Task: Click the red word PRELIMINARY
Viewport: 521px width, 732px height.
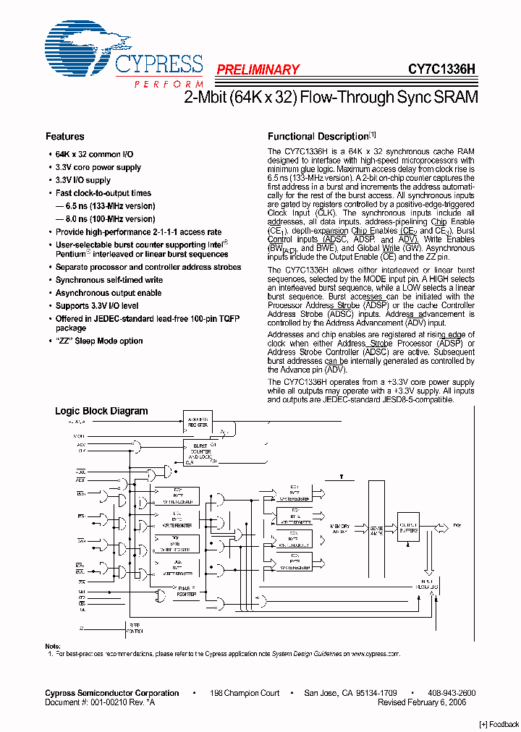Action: point(258,69)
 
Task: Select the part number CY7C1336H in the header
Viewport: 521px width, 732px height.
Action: point(441,69)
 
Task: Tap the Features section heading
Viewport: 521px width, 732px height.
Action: point(65,136)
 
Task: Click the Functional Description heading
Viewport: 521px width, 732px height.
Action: point(318,136)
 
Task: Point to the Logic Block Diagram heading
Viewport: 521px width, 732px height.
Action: point(101,411)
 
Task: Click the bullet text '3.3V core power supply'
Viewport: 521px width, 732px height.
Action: point(98,167)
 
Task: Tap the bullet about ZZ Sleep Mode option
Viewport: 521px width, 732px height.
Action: point(99,341)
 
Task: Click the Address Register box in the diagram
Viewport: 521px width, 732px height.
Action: point(198,422)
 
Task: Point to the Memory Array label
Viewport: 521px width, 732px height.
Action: point(340,528)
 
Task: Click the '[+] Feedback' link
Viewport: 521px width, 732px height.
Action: point(499,724)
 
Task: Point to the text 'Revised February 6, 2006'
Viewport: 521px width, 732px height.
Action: point(422,702)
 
